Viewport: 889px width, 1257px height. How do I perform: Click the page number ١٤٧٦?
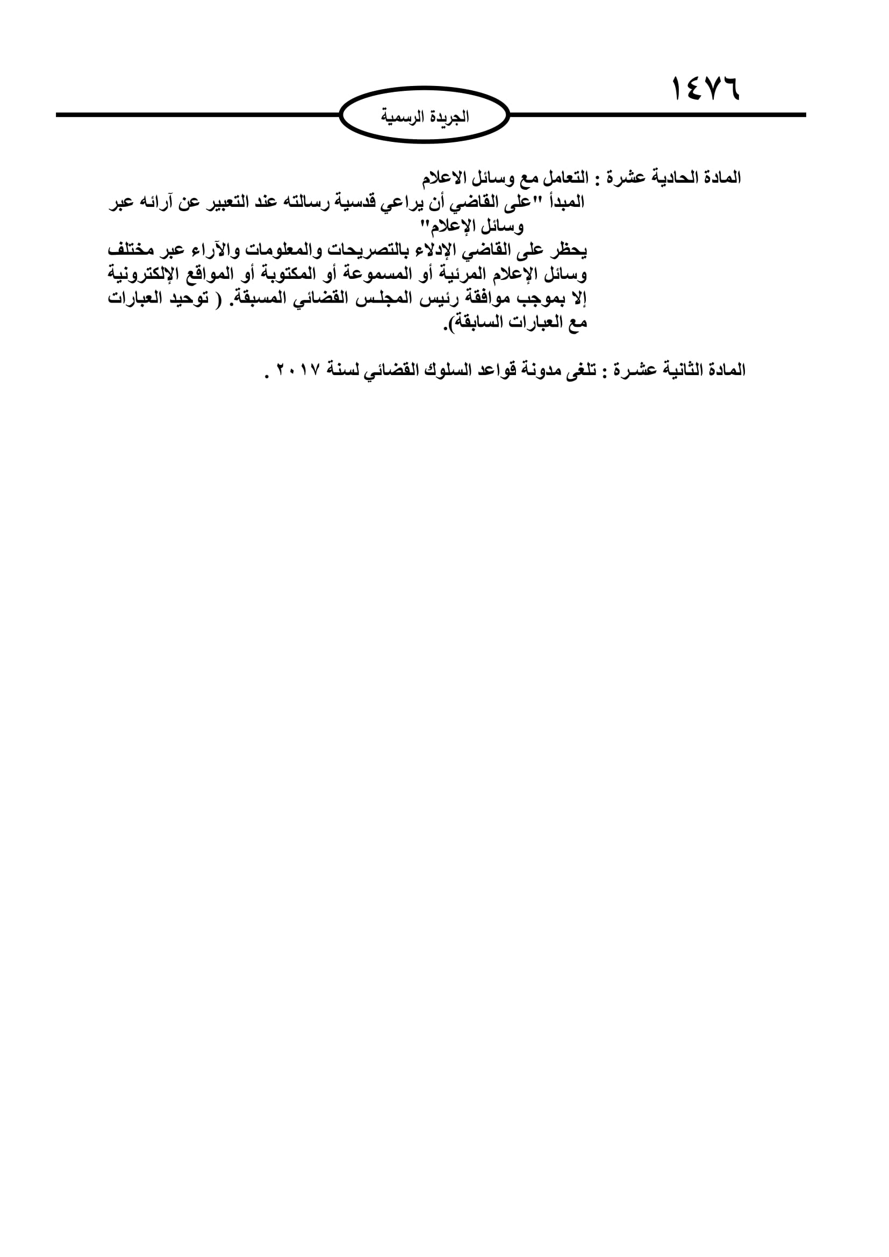705,89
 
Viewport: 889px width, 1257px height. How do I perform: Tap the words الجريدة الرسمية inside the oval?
425,117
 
